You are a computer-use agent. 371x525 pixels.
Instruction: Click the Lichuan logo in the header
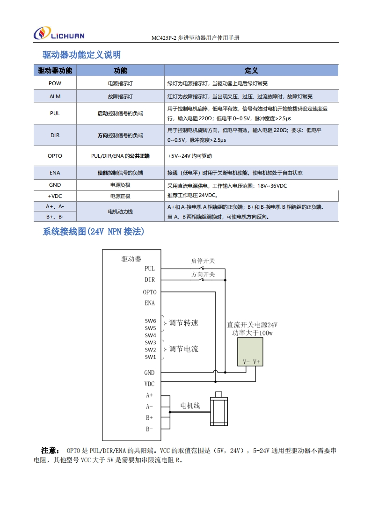(59, 34)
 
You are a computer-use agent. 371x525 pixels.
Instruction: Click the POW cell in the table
(55, 83)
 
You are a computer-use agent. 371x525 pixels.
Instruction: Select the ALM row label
(55, 96)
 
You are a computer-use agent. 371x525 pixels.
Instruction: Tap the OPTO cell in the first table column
(55, 156)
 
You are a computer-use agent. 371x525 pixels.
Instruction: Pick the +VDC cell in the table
(55, 197)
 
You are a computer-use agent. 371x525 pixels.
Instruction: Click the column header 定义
(251, 71)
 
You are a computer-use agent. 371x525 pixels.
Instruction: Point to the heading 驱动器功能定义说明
(82, 55)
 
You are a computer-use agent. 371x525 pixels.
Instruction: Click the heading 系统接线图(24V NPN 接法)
(93, 232)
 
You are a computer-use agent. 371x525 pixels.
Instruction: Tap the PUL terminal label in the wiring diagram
(150, 269)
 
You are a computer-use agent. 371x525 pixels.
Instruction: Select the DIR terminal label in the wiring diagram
(150, 280)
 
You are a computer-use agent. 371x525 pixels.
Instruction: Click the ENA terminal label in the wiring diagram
(150, 303)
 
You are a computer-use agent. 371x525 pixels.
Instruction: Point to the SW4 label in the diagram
(150, 335)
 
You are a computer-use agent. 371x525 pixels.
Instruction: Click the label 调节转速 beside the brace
(183, 323)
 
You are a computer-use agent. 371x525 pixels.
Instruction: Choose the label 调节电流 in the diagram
(183, 349)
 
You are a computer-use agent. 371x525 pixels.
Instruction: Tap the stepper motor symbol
(219, 409)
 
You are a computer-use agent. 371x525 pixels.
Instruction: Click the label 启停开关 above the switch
(203, 261)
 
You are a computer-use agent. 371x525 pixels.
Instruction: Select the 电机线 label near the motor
(190, 406)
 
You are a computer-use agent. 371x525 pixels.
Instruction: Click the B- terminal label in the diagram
(149, 429)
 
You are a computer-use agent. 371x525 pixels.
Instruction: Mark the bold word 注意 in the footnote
(51, 451)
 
